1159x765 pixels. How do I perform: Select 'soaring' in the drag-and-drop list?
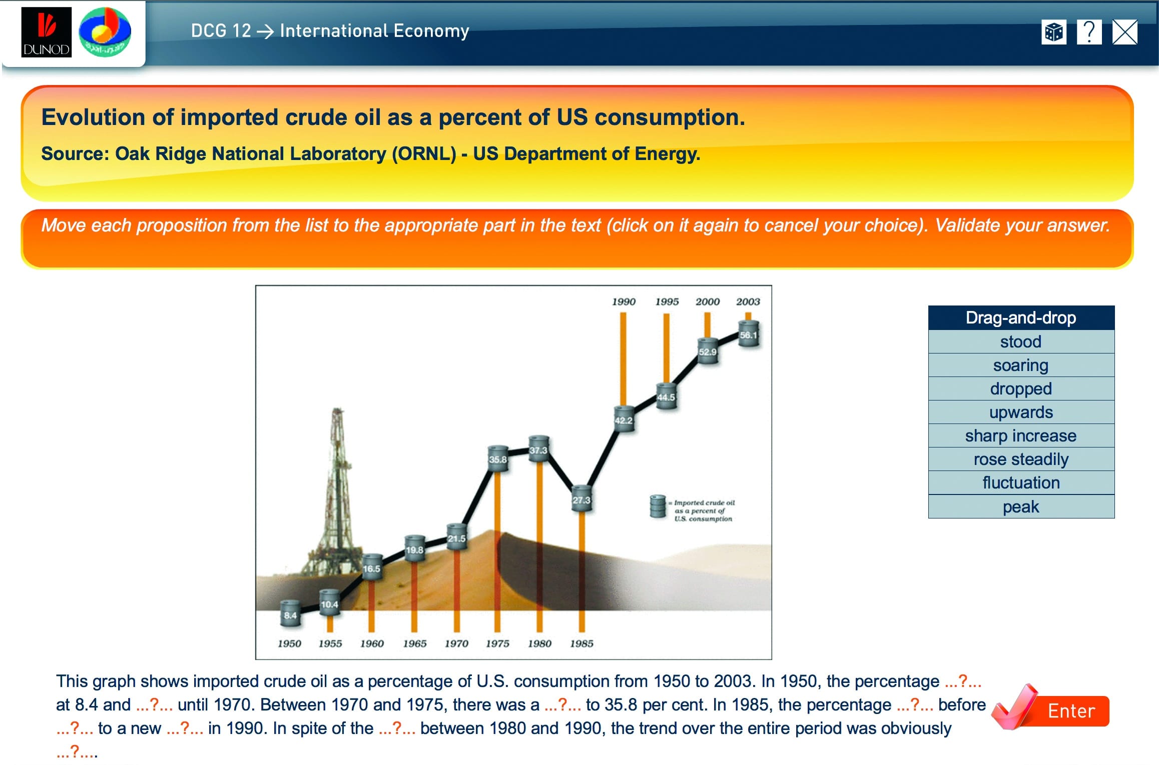(x=1021, y=365)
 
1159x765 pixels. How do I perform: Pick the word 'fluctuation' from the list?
(x=1021, y=482)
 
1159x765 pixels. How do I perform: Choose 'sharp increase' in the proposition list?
(x=1021, y=435)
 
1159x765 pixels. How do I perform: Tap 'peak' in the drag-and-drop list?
(x=1021, y=506)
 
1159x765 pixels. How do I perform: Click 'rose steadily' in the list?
(x=1021, y=459)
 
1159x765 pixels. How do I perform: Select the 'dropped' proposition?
(x=1021, y=388)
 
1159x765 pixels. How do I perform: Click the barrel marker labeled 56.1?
(x=749, y=334)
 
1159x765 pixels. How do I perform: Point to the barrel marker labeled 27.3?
(x=582, y=498)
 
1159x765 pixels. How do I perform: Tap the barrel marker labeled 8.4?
(x=290, y=614)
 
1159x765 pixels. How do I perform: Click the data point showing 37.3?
(x=538, y=449)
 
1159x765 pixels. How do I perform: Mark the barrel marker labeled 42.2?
(x=624, y=419)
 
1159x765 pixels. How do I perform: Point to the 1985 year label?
(x=582, y=643)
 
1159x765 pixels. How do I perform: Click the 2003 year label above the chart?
(x=748, y=301)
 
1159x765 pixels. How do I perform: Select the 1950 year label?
(x=289, y=643)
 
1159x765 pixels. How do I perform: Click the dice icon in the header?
(x=1053, y=32)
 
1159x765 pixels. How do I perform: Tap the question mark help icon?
(x=1089, y=32)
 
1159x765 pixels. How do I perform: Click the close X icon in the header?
(x=1125, y=32)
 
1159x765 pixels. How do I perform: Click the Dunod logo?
(x=46, y=32)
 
